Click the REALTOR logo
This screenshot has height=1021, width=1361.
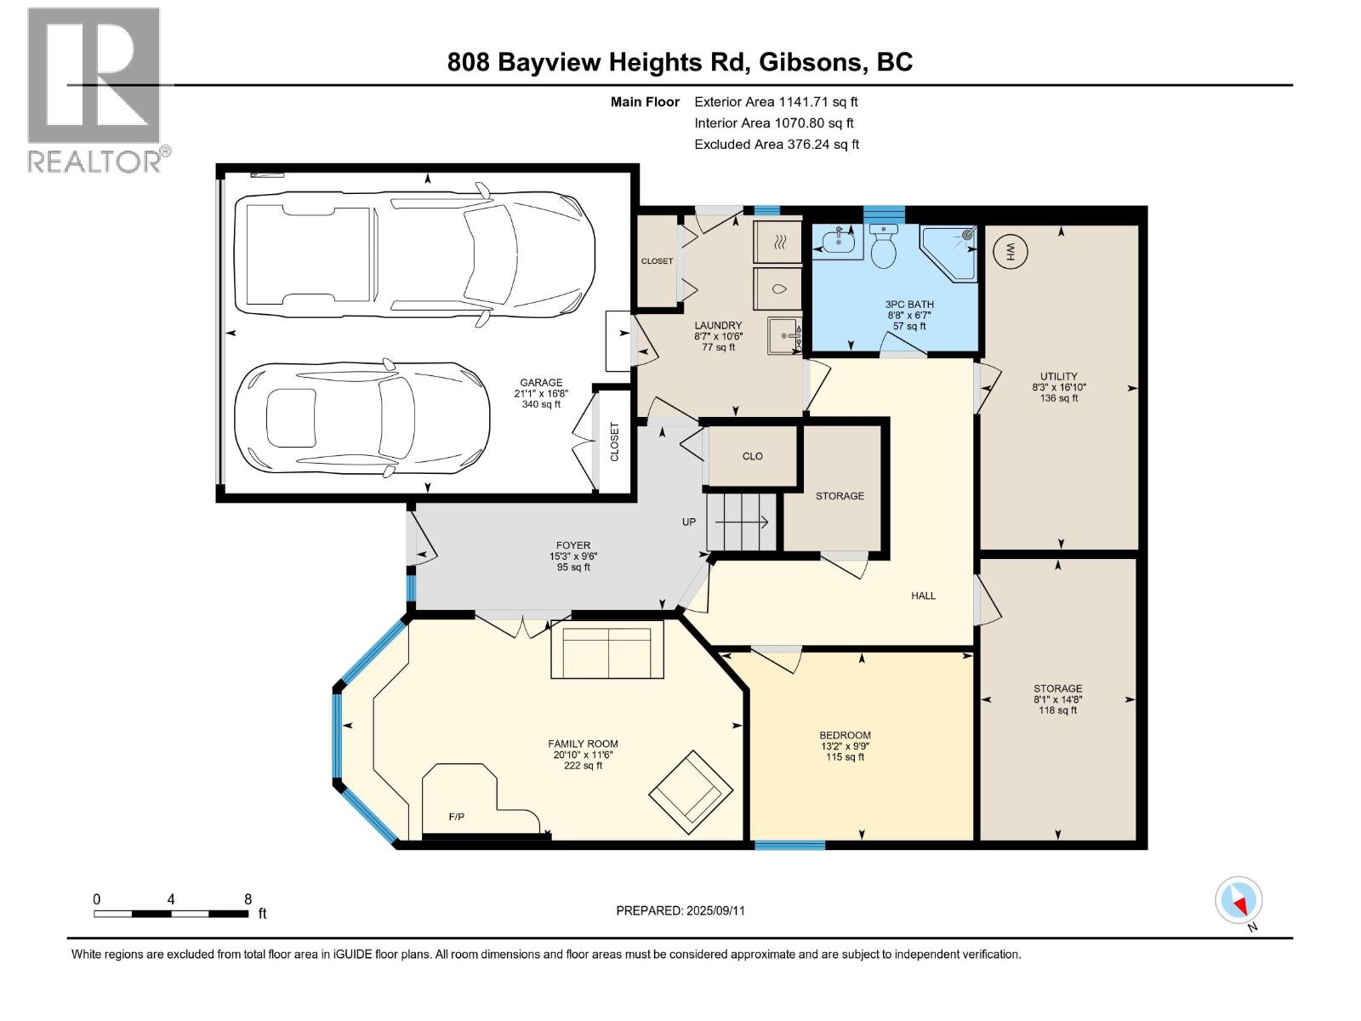(98, 90)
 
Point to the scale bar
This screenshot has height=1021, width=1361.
(171, 913)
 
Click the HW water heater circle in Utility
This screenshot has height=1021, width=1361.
(1010, 252)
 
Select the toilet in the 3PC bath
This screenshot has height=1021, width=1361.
(883, 246)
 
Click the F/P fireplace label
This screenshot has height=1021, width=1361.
(456, 817)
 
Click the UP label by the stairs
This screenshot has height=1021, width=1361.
(689, 522)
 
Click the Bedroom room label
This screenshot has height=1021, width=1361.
(845, 735)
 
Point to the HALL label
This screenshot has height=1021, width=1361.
(923, 596)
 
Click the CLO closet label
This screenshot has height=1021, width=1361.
(752, 456)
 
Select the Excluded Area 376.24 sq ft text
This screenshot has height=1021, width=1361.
(777, 145)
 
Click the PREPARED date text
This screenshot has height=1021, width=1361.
(680, 910)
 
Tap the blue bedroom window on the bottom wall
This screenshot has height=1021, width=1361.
(789, 844)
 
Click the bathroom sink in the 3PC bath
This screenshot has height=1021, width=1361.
(838, 242)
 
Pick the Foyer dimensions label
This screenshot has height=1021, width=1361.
(573, 556)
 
